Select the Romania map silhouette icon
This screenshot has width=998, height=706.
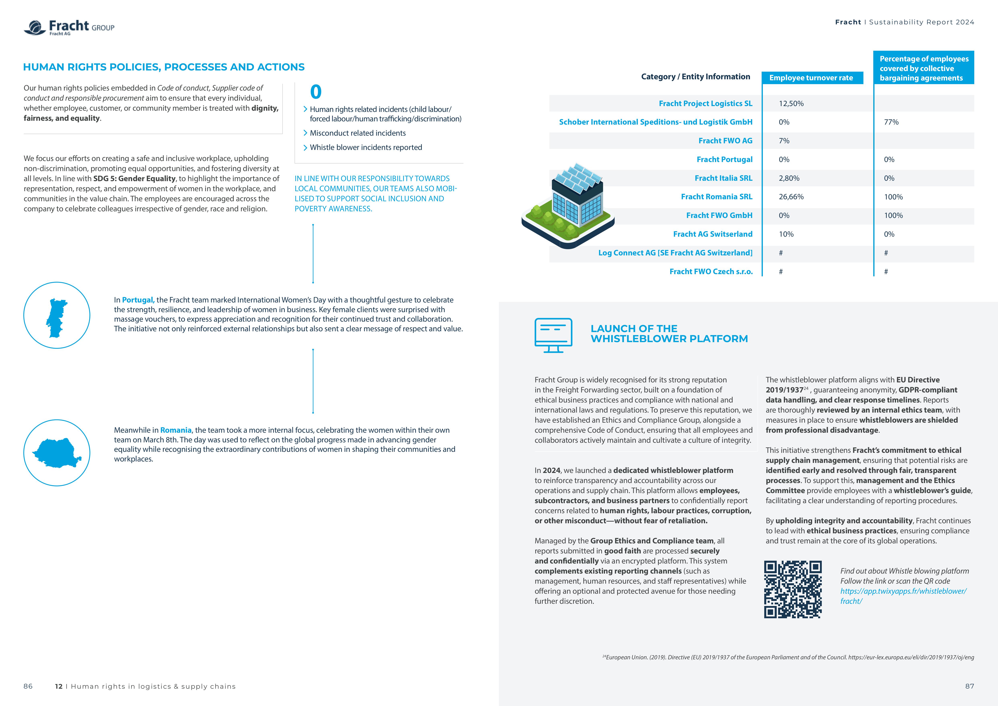pyautogui.click(x=57, y=453)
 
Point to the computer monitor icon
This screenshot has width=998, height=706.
pyautogui.click(x=553, y=335)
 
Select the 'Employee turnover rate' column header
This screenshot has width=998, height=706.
pyautogui.click(x=811, y=78)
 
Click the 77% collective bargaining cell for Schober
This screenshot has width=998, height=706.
pyautogui.click(x=891, y=122)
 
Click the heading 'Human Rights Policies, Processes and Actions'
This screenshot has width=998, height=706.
pyautogui.click(x=164, y=67)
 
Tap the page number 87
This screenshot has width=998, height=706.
pyautogui.click(x=969, y=686)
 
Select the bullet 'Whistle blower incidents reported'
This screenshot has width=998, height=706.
pyautogui.click(x=366, y=147)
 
